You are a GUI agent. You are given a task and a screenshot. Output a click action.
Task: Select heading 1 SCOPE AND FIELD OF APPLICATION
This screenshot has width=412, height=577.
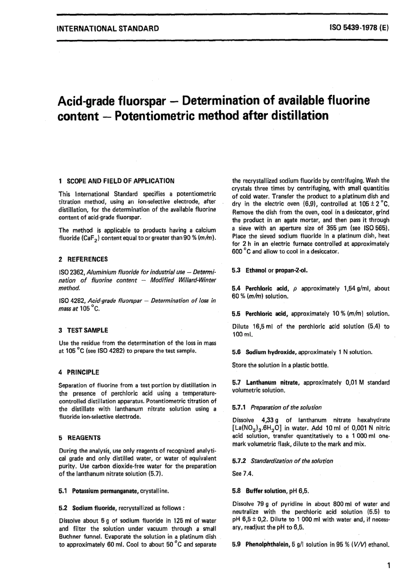116,181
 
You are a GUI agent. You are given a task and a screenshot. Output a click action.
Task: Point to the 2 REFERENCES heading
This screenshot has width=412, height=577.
83,259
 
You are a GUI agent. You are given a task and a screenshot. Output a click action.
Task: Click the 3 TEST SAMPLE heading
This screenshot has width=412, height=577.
83,330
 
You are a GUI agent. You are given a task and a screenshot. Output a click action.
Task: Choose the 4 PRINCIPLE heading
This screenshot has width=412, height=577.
78,372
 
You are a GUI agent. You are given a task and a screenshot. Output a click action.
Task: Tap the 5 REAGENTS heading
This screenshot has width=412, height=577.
79,437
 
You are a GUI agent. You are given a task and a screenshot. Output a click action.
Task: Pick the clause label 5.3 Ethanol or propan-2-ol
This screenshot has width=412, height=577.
270,270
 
